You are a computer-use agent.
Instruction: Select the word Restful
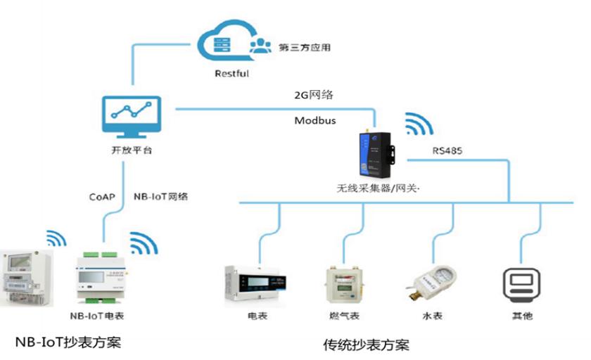(x=232, y=73)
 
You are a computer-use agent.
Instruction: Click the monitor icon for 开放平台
(x=132, y=117)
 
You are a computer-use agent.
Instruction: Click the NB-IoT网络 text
(x=160, y=197)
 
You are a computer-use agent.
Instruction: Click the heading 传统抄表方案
(x=366, y=346)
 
